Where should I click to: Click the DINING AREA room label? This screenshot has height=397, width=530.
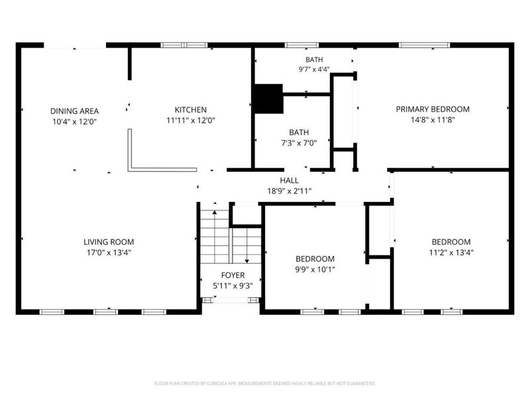coord(74,111)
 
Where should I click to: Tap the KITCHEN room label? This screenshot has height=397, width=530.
coord(191,110)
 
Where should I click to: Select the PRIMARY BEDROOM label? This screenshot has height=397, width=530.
coord(433,109)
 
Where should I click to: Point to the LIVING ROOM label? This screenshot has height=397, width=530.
coord(109,242)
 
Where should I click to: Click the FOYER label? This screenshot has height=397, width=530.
coord(233,275)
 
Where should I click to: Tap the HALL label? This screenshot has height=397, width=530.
coord(289,181)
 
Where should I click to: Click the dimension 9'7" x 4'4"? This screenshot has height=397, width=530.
coord(314,69)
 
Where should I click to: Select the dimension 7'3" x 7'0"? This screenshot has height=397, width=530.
coord(299,143)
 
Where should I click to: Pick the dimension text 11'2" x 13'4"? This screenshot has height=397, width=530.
coord(451,253)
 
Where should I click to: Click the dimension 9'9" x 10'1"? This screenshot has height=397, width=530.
coord(315,269)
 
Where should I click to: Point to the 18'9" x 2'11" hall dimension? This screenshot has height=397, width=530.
coord(290,191)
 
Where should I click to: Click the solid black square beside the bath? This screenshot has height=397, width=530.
coord(268,99)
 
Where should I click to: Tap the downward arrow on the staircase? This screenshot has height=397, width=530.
coord(246,245)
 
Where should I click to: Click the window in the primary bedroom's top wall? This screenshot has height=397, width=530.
coord(425,45)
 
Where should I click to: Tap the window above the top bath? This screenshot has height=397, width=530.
coord(301,45)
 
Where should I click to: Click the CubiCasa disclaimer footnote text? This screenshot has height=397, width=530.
coord(264,384)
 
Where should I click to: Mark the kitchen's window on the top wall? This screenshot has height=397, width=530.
coord(184,45)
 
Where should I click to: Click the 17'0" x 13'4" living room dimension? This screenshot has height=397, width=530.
coord(109,253)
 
